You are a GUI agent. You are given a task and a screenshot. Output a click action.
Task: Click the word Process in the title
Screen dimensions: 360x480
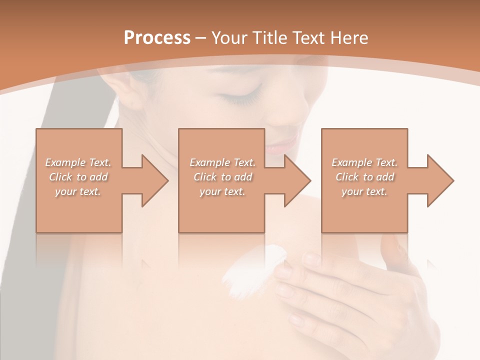(157, 37)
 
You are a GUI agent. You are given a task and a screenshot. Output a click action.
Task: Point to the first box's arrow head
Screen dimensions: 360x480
(155, 180)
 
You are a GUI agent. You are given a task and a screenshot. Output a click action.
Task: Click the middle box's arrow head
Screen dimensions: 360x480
(298, 180)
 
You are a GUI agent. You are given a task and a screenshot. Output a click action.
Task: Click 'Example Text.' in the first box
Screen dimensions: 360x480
(78, 162)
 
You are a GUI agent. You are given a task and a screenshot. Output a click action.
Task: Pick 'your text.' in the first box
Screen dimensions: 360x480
(78, 191)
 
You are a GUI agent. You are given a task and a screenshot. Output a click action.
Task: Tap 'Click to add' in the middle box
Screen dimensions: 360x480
(222, 177)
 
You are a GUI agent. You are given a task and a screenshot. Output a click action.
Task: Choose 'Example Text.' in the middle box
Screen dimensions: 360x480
(222, 162)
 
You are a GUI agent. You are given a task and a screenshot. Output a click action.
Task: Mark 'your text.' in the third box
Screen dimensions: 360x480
(364, 191)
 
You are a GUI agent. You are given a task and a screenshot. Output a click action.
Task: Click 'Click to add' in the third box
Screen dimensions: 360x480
(364, 177)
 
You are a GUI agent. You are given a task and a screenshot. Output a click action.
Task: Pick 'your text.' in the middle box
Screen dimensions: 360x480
(222, 191)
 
